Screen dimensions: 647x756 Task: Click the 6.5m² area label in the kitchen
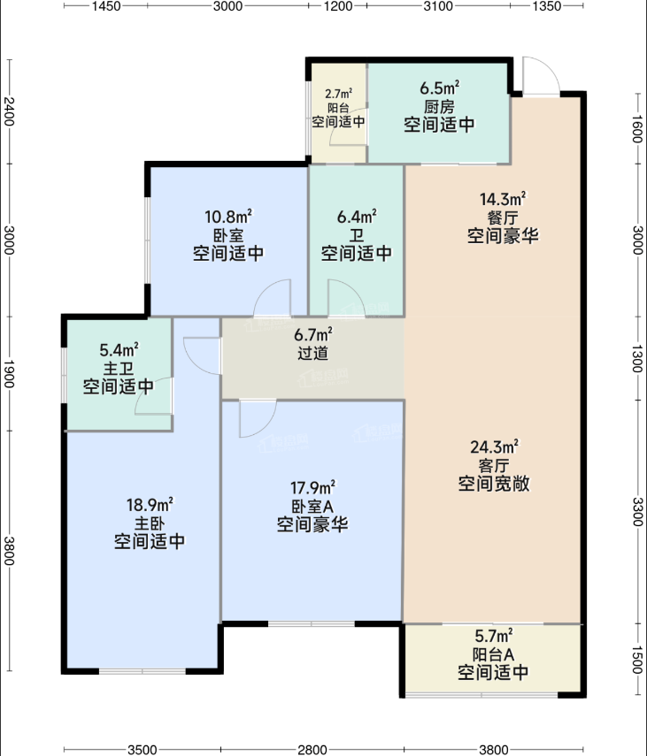click(x=439, y=88)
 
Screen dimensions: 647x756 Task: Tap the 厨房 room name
click(x=439, y=107)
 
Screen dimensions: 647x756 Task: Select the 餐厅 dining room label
click(x=502, y=218)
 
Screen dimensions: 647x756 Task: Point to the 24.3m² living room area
click(x=494, y=447)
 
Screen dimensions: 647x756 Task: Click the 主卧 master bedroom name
click(x=150, y=523)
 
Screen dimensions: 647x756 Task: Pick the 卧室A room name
click(x=312, y=507)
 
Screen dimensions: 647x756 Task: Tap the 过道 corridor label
click(x=312, y=353)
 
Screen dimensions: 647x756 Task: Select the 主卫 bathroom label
click(x=119, y=369)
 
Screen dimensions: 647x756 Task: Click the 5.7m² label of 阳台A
click(x=494, y=636)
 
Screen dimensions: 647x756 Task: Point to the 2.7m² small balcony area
click(x=338, y=94)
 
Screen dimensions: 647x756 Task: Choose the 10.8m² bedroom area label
click(x=228, y=217)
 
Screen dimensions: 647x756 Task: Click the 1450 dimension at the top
click(x=106, y=6)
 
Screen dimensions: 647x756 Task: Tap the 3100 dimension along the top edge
click(x=438, y=6)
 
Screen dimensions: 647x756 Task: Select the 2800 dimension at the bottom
click(x=312, y=750)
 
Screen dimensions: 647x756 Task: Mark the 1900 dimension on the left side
click(x=9, y=374)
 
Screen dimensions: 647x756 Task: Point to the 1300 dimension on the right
click(x=637, y=359)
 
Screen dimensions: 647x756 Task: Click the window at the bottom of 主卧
click(x=142, y=670)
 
